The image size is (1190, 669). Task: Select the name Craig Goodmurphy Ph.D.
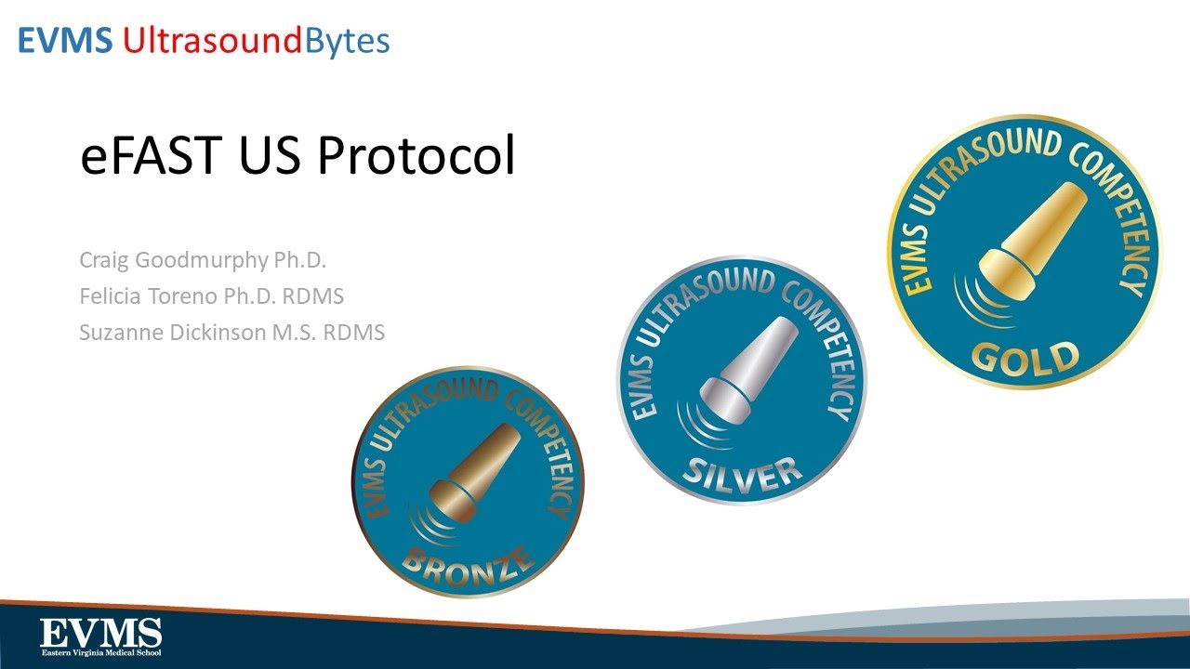203,260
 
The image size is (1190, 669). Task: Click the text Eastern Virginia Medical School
100,652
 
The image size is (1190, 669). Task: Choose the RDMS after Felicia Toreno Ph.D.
316,296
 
